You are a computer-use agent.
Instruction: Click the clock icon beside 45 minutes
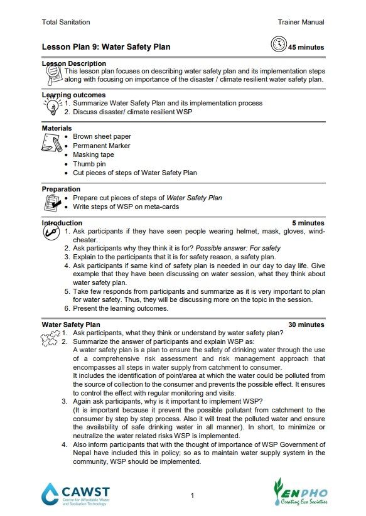(x=278, y=45)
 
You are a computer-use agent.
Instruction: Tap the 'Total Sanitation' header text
(x=65, y=22)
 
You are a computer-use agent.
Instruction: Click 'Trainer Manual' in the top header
(x=301, y=22)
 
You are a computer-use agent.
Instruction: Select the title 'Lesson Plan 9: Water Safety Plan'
(x=105, y=47)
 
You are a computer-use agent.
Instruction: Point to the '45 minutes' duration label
(x=306, y=47)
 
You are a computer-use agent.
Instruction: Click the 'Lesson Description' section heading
(x=73, y=63)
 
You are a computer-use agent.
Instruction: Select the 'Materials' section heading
(x=57, y=128)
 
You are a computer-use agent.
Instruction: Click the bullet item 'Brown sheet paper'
(x=102, y=136)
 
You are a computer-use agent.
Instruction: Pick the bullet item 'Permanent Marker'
(x=101, y=146)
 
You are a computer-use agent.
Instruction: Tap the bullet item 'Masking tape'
(x=94, y=154)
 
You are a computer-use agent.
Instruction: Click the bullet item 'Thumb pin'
(x=89, y=164)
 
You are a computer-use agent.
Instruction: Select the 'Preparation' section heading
(x=61, y=189)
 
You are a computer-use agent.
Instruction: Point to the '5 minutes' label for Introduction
(x=308, y=223)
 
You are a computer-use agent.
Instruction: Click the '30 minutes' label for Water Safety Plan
(x=306, y=325)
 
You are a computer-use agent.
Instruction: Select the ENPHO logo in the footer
(x=299, y=492)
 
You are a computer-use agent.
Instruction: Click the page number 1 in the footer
(x=191, y=496)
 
